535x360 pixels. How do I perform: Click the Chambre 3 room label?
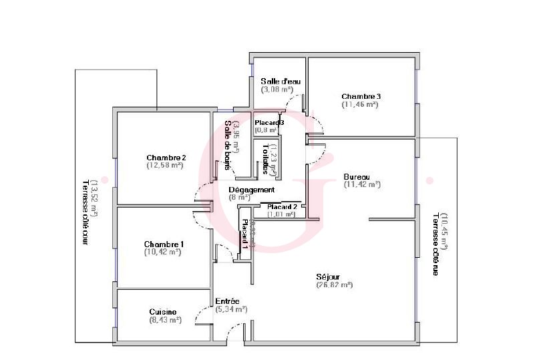click(x=361, y=96)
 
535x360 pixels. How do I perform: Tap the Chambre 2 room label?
click(x=166, y=158)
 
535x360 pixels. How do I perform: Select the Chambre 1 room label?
click(x=164, y=244)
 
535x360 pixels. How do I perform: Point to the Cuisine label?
click(x=163, y=312)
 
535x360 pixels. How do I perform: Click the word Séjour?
click(x=329, y=277)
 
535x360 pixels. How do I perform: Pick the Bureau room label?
click(x=357, y=177)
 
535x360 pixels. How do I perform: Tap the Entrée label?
click(x=227, y=301)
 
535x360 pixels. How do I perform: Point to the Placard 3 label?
click(x=270, y=123)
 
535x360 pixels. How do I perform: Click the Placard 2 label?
click(x=282, y=207)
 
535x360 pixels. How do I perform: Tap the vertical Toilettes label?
click(x=266, y=158)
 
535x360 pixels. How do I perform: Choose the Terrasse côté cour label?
click(x=85, y=212)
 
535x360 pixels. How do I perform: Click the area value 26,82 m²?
click(x=334, y=285)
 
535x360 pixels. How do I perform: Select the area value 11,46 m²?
click(x=360, y=104)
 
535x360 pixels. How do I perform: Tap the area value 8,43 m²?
click(x=166, y=320)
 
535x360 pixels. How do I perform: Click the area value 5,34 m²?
click(x=232, y=309)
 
